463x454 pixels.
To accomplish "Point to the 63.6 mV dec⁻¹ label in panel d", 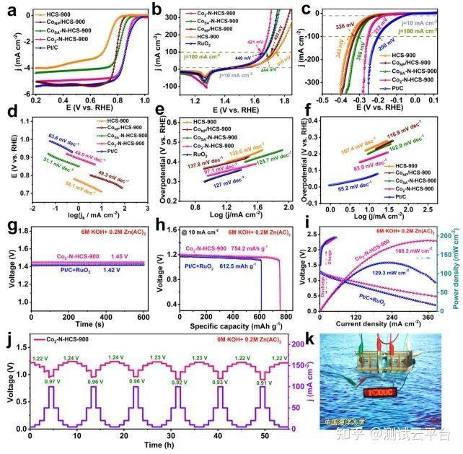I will [x=63, y=135].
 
